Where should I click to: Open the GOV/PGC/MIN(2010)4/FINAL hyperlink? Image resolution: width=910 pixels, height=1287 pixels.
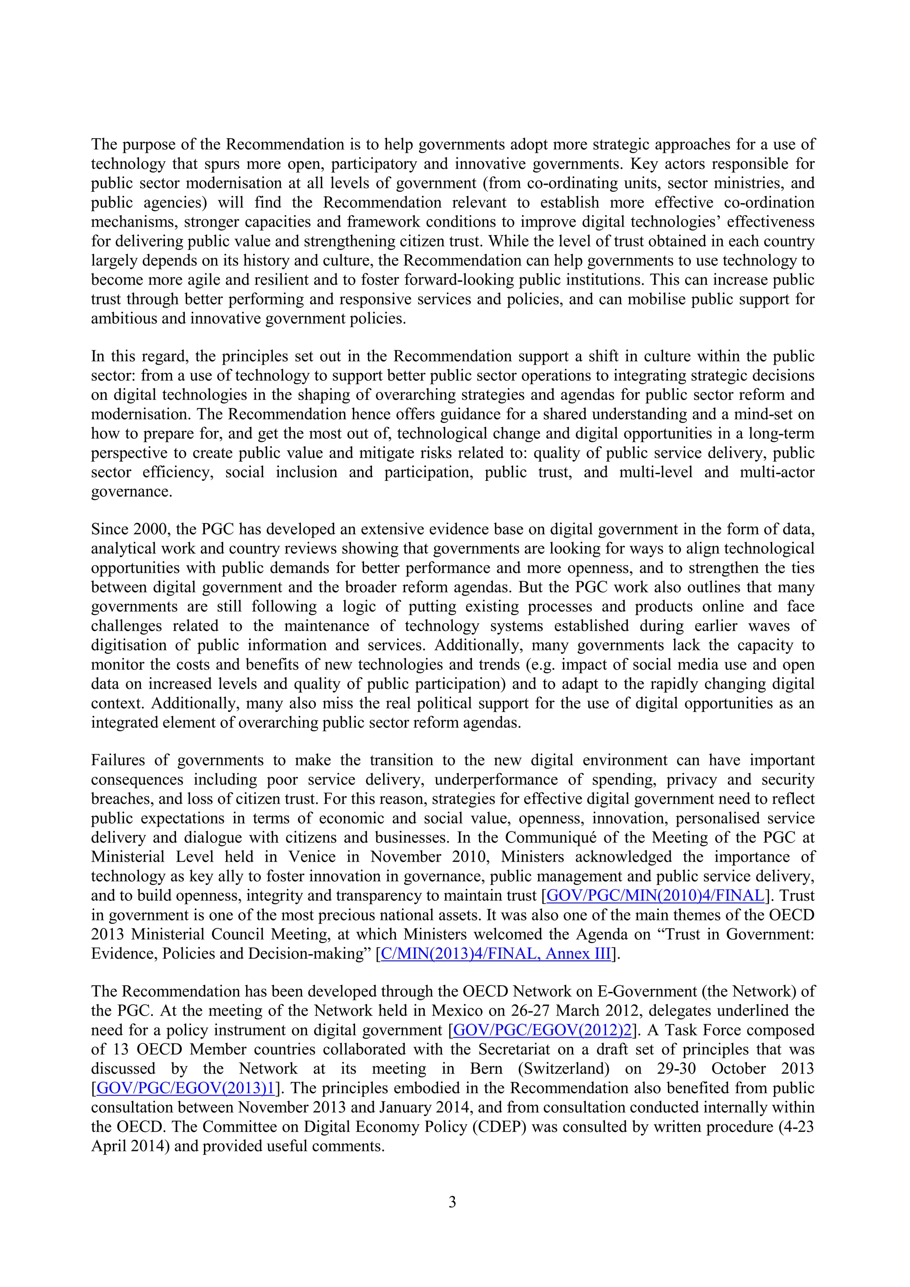655,895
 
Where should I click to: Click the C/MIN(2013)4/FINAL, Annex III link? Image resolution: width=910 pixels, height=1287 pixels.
495,954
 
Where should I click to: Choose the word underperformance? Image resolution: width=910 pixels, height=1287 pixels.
496,780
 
